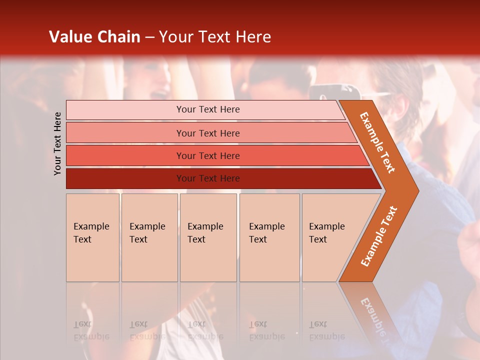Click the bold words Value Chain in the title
(94, 37)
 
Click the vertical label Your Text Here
(57, 143)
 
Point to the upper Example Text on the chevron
(377, 142)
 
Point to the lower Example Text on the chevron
(378, 236)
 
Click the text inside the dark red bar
(208, 178)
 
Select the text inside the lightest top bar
(208, 109)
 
